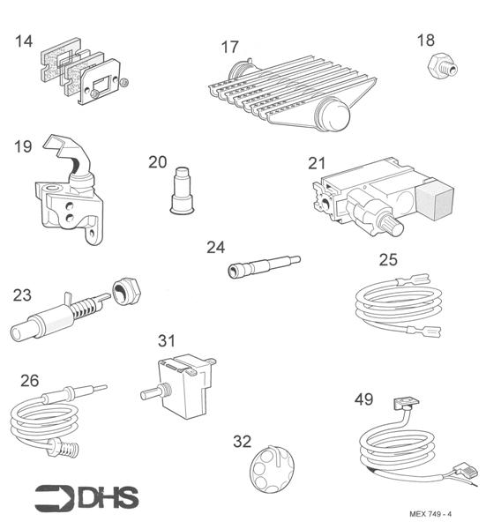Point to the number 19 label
pos(23,146)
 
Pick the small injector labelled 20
pos(182,188)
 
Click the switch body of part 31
pos(185,380)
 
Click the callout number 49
pos(363,399)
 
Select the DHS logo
pos(86,498)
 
